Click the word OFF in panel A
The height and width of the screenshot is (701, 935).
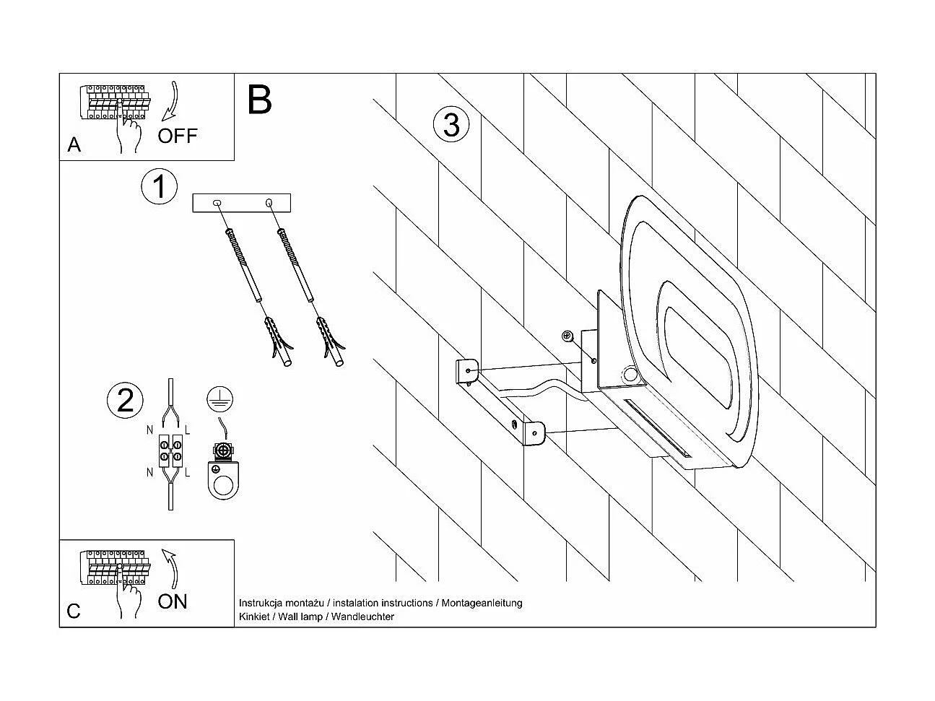click(x=177, y=135)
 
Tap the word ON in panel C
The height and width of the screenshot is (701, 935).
click(x=172, y=601)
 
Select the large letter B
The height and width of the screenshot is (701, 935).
click(x=259, y=100)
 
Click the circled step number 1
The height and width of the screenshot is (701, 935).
click(x=159, y=187)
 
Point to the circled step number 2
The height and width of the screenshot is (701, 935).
click(x=125, y=400)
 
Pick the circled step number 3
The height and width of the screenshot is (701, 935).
click(x=451, y=124)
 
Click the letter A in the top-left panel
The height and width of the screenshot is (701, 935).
click(x=74, y=145)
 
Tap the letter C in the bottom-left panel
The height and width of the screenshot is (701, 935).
click(x=74, y=611)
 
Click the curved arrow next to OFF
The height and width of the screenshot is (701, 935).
click(x=172, y=101)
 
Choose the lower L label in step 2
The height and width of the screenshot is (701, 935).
click(x=188, y=474)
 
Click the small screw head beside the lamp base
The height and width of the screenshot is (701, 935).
click(x=567, y=336)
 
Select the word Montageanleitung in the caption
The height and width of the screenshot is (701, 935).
click(x=482, y=603)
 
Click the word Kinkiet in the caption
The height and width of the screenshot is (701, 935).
click(x=254, y=617)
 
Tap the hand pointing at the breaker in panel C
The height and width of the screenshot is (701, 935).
click(x=130, y=597)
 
